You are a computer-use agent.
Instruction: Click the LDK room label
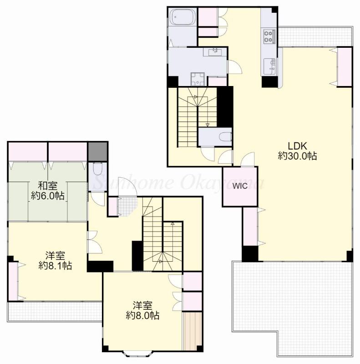298,146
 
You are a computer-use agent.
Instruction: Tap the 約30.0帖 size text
298,156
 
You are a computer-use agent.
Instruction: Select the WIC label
240,186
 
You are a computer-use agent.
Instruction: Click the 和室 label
48,186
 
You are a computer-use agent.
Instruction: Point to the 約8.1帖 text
55,265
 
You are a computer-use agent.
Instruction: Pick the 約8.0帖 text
142,315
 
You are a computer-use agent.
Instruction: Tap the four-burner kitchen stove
269,36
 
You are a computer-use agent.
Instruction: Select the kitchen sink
270,66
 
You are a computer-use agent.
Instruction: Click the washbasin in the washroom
215,52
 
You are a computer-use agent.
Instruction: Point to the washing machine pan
198,79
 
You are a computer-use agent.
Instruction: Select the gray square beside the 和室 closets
98,152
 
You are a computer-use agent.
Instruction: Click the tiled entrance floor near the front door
127,206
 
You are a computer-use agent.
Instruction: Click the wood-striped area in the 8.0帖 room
192,331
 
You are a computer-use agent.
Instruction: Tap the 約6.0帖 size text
48,196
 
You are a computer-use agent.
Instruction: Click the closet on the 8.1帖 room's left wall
14,281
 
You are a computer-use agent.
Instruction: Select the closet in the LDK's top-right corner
345,67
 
